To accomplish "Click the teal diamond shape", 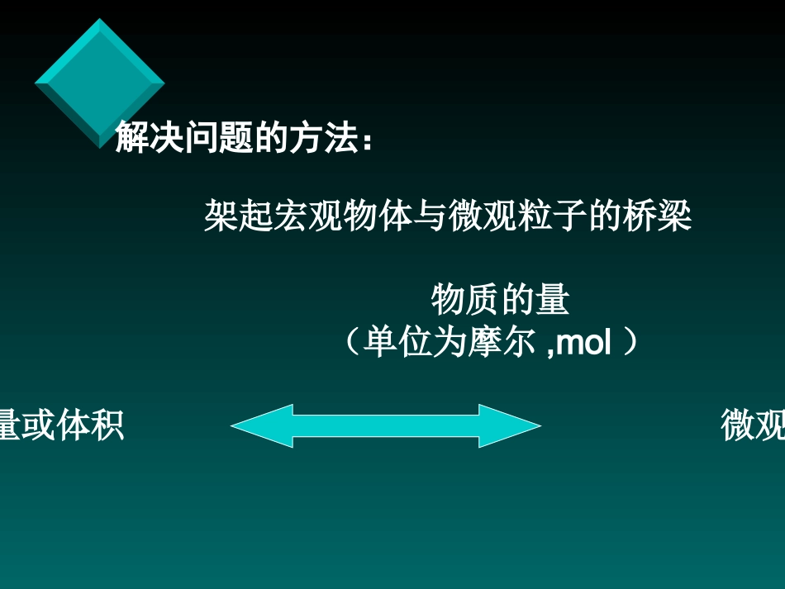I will [99, 83].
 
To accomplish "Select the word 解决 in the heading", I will [143, 136].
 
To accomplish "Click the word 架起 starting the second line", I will [231, 217].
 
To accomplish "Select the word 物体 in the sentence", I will [369, 217].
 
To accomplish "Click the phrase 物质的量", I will [500, 300].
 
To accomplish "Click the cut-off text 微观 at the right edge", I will [753, 426].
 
